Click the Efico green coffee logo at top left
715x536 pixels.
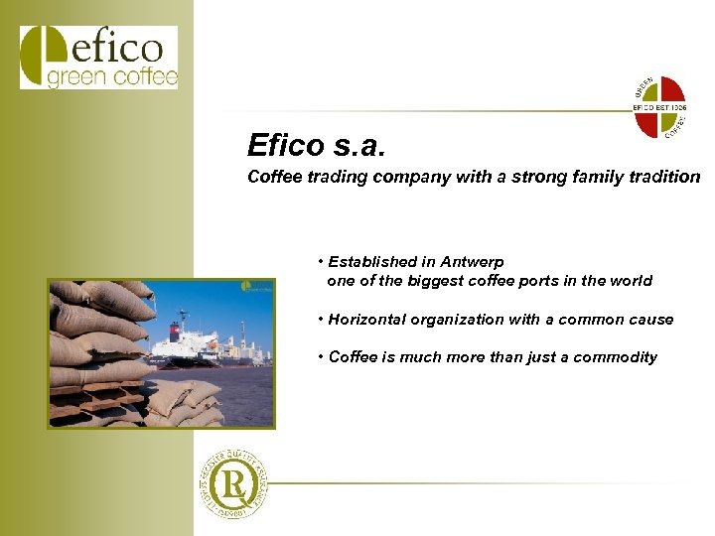click(98, 58)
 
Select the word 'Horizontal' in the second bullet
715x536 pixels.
click(371, 320)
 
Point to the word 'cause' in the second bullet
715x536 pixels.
click(650, 320)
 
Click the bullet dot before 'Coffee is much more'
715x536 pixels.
click(322, 356)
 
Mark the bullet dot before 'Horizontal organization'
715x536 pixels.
click(322, 319)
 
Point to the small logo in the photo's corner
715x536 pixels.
click(256, 288)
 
